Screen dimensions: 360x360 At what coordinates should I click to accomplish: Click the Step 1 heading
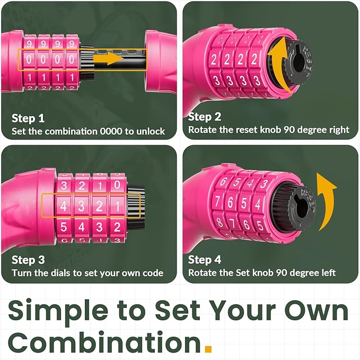28,118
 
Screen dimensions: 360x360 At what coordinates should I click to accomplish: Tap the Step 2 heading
204,117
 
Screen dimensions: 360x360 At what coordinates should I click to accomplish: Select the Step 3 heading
28,260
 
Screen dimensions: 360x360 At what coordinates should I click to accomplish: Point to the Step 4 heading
204,260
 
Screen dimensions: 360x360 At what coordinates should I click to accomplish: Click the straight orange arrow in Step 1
109,58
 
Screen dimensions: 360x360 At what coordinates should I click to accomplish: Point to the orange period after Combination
208,348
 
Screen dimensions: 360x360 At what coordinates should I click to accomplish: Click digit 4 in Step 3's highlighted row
64,206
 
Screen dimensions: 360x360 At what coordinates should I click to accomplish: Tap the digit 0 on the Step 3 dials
117,185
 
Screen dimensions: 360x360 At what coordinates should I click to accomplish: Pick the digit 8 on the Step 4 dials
219,222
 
